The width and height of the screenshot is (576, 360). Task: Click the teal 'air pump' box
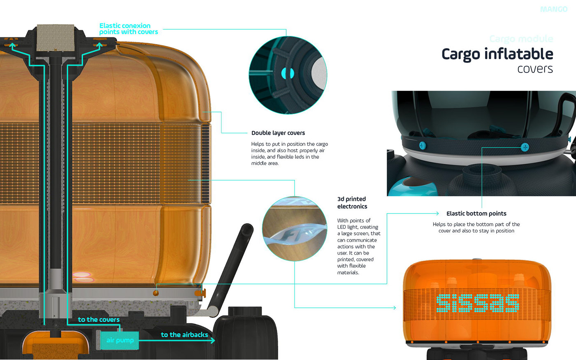[120, 340]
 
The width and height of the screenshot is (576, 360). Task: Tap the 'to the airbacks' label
[184, 334]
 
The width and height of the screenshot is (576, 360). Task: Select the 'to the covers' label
[99, 319]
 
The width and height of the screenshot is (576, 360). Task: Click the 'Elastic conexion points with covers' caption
[128, 29]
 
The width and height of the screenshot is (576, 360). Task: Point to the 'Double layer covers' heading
[278, 133]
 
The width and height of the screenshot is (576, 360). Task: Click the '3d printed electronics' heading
[352, 202]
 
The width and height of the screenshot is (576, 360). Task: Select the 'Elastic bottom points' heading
[476, 214]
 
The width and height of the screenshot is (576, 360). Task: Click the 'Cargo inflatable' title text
[497, 54]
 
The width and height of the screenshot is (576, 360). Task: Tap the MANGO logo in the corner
[553, 9]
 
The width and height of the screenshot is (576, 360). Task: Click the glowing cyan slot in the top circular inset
[288, 74]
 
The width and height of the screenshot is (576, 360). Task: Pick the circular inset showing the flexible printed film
[294, 229]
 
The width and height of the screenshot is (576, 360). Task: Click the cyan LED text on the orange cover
[477, 303]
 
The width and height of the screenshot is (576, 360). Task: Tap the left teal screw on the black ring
[422, 145]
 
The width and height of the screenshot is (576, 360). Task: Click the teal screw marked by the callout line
[525, 147]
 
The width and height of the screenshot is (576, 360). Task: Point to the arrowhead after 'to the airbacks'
[212, 341]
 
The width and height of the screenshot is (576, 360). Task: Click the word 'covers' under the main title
[535, 69]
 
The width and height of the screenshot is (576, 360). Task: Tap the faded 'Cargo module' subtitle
[521, 39]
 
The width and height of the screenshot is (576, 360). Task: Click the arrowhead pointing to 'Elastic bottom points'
[437, 213]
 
